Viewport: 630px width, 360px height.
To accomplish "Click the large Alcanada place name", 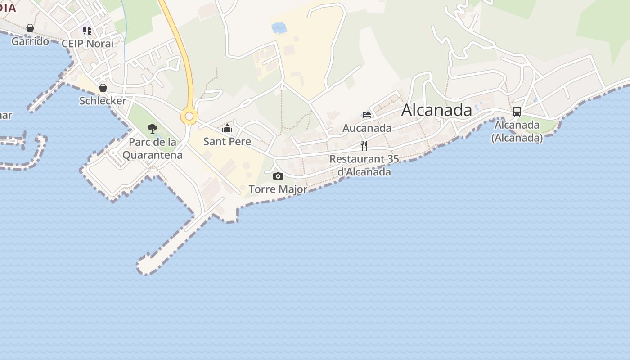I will click(436, 110).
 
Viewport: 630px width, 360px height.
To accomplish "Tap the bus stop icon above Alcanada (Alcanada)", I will click(517, 112).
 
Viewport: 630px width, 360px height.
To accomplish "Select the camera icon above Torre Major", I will click(278, 176).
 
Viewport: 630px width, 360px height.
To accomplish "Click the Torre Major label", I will click(278, 189).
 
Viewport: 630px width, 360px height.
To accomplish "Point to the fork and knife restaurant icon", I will click(364, 145).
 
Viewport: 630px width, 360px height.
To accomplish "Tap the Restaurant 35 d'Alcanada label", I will click(364, 165).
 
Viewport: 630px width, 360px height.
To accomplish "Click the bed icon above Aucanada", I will click(367, 115).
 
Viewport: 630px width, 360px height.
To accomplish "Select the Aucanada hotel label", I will click(367, 128).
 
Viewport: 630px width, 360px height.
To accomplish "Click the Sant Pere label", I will click(227, 141).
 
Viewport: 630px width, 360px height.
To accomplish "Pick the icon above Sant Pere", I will click(227, 129).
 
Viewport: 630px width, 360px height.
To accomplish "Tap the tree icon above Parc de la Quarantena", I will click(153, 129).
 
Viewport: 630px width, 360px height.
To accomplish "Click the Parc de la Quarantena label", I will click(153, 148).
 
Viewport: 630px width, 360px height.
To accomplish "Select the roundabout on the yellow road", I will click(189, 117).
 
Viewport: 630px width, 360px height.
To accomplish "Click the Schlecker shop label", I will click(103, 101).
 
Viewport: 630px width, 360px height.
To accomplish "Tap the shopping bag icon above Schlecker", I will click(103, 87).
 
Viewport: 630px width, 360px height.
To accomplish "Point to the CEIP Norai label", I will click(87, 44).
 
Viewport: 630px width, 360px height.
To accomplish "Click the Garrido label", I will click(30, 41).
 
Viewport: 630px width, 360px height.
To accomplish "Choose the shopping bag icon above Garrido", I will click(30, 28).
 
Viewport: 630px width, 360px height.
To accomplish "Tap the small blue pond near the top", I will click(279, 28).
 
